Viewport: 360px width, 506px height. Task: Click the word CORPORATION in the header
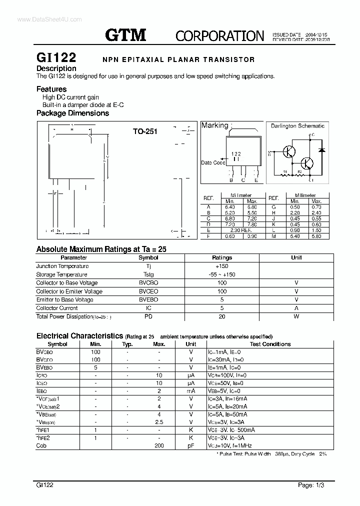pyautogui.click(x=219, y=36)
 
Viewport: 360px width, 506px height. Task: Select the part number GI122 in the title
pyautogui.click(x=56, y=58)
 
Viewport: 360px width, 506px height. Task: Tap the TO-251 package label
pyautogui.click(x=145, y=131)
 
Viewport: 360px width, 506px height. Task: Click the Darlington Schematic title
pyautogui.click(x=297, y=126)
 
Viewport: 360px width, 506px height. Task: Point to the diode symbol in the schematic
pyautogui.click(x=322, y=149)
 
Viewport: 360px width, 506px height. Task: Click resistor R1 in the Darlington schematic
pyautogui.click(x=285, y=171)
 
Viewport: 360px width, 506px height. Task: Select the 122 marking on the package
pyautogui.click(x=236, y=154)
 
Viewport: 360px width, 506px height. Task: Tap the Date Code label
pyautogui.click(x=212, y=162)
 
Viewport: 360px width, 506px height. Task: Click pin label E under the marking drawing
pyautogui.click(x=256, y=180)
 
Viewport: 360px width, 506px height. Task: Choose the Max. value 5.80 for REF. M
pyautogui.click(x=316, y=236)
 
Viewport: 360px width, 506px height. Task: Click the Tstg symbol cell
pyautogui.click(x=148, y=274)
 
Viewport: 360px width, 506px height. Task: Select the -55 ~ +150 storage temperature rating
pyautogui.click(x=222, y=274)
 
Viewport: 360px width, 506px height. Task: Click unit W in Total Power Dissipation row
pyautogui.click(x=296, y=316)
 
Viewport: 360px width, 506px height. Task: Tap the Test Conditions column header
pyautogui.click(x=270, y=344)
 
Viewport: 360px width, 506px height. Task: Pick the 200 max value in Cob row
pyautogui.click(x=159, y=445)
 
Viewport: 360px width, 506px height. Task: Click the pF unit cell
pyautogui.click(x=190, y=445)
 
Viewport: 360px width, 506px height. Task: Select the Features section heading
pyautogui.click(x=51, y=89)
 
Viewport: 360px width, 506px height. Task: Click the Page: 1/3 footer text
pyautogui.click(x=313, y=485)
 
